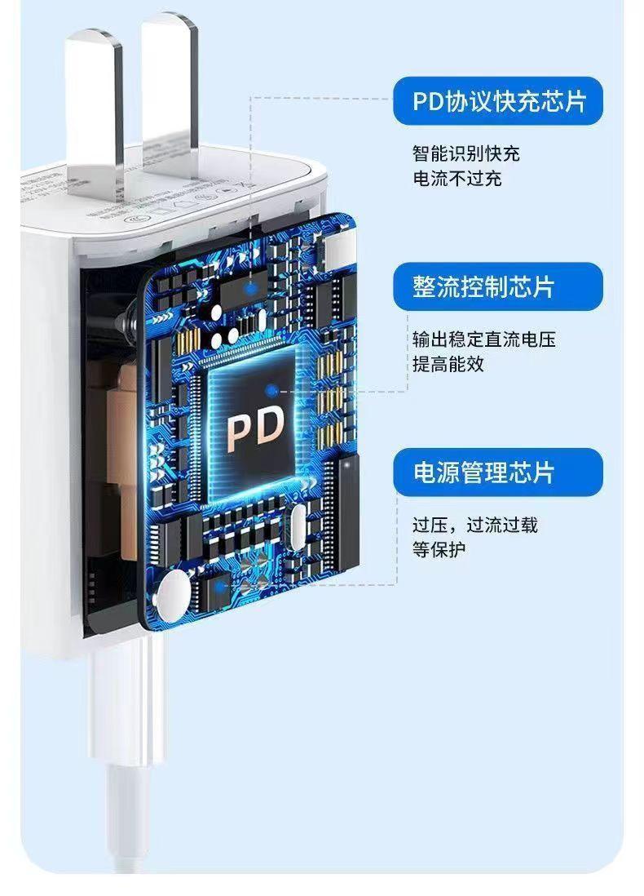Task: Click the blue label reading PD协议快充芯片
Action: tap(499, 101)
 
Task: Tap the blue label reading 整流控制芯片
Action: tap(499, 286)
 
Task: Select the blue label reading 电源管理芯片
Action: tap(499, 472)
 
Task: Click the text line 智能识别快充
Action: tap(465, 153)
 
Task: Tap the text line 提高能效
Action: tap(448, 364)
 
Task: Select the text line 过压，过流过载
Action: tap(474, 525)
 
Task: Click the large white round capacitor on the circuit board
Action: tap(174, 592)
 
